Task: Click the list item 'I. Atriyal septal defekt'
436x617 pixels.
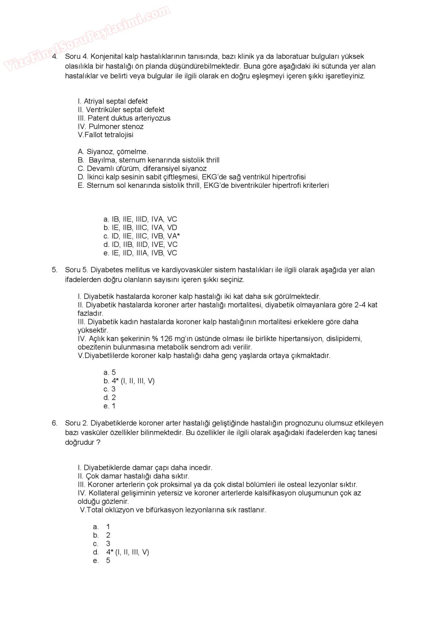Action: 113,101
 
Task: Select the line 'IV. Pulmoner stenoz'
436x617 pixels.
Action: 110,127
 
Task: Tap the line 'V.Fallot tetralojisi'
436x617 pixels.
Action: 105,135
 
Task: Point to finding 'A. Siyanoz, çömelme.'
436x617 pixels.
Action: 113,152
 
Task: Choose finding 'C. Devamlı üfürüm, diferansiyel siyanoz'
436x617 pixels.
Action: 142,169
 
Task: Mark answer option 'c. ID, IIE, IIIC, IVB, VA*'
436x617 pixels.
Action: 142,236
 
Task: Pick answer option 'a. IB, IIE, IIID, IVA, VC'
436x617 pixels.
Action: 140,220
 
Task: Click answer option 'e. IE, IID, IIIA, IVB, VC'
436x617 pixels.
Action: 140,253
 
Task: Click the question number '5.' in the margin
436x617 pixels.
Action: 54,270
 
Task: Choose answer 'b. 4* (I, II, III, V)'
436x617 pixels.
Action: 129,381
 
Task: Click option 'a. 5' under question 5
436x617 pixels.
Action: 110,373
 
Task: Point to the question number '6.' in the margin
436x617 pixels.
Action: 54,423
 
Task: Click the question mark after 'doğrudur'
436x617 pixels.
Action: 98,443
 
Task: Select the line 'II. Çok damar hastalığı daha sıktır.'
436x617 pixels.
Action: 133,476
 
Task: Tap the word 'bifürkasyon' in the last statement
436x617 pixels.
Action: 165,510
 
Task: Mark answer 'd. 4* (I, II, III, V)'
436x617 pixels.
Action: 121,552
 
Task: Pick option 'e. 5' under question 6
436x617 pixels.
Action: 102,561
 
